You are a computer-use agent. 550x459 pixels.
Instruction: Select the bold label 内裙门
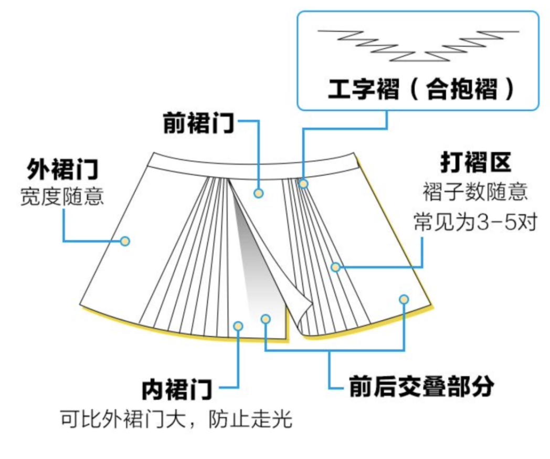(x=177, y=390)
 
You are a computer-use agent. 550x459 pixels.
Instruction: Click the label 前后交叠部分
(x=421, y=388)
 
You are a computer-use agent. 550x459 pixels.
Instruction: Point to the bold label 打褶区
(x=476, y=164)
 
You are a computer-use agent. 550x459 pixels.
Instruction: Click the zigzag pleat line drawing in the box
(x=418, y=44)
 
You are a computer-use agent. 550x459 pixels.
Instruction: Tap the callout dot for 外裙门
(x=125, y=241)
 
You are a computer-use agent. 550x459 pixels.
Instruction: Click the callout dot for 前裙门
(x=258, y=193)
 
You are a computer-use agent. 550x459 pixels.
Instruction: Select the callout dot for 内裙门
(x=238, y=326)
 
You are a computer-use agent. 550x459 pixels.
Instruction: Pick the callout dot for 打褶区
(x=335, y=267)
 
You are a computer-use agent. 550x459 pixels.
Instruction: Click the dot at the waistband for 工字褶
(x=303, y=183)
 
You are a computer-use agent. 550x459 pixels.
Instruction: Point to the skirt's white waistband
(x=252, y=167)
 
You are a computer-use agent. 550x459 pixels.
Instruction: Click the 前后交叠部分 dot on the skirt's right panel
(x=403, y=299)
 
